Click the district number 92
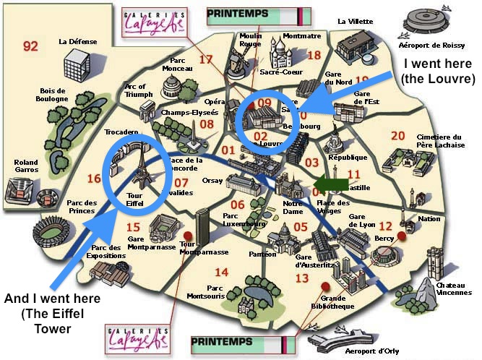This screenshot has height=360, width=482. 30,47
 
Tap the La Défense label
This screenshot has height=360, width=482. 77,42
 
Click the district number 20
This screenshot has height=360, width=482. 397,135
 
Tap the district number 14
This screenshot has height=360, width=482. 221,273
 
